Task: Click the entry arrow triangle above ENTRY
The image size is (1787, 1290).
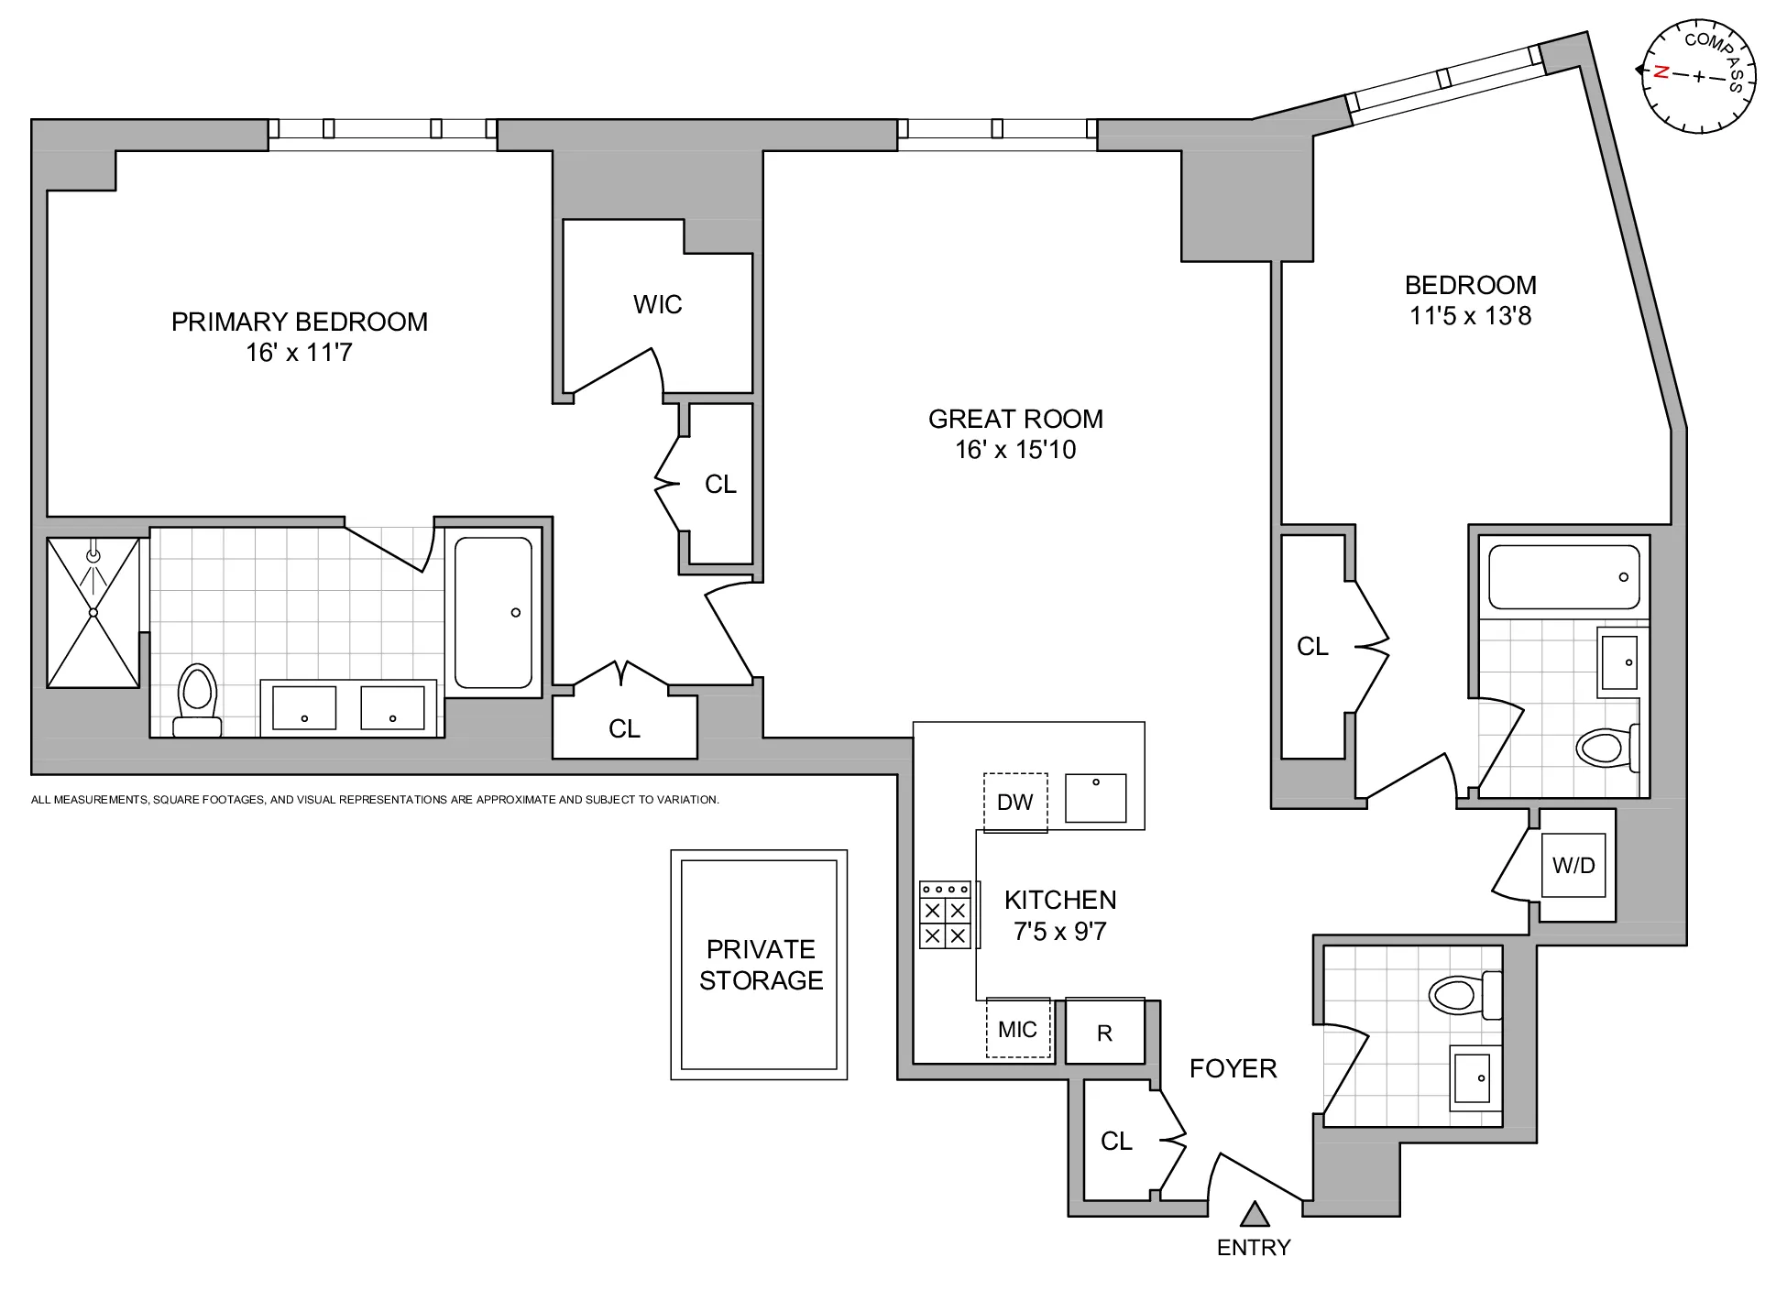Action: click(x=1255, y=1215)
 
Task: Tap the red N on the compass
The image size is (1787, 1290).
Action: click(x=1660, y=71)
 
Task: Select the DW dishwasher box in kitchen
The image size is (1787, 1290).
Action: click(x=1014, y=803)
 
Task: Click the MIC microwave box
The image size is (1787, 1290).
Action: click(x=1017, y=1029)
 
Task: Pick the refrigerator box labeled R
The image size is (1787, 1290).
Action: click(x=1105, y=1033)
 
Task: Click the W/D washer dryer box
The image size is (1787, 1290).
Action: click(x=1573, y=865)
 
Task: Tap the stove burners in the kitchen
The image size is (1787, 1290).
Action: click(x=945, y=915)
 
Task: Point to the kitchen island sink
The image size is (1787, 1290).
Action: click(x=1095, y=798)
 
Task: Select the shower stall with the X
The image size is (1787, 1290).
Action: click(x=93, y=612)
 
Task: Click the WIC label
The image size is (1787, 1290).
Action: click(x=657, y=304)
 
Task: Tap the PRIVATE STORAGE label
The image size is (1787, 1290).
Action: click(x=761, y=965)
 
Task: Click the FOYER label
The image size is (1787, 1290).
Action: click(x=1233, y=1068)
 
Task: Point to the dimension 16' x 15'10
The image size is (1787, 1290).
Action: click(x=1015, y=450)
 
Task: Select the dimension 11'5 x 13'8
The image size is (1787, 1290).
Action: click(x=1470, y=316)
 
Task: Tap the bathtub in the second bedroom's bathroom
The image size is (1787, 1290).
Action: click(x=1563, y=576)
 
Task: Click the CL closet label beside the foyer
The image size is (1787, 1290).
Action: click(x=1116, y=1141)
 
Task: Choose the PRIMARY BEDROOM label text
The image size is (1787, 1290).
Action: click(x=300, y=322)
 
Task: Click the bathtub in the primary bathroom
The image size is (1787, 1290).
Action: click(x=493, y=612)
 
